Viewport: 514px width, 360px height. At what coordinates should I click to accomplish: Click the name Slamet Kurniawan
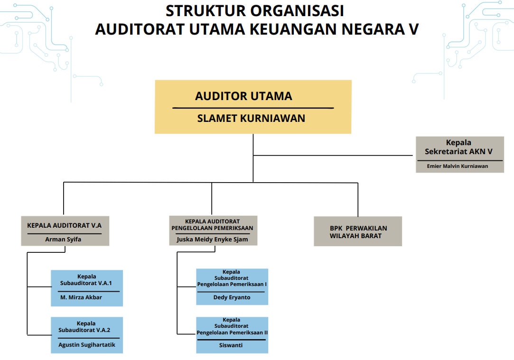pyautogui.click(x=251, y=118)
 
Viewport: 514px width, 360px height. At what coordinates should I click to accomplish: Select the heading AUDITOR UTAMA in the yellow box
pyautogui.click(x=243, y=96)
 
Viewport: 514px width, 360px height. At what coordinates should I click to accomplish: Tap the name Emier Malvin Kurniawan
pyautogui.click(x=458, y=166)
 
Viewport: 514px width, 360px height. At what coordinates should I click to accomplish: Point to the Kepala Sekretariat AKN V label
pyautogui.click(x=458, y=147)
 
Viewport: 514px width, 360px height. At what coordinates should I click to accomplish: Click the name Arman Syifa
pyautogui.click(x=63, y=239)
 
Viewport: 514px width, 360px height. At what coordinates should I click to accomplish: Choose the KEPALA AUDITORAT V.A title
pyautogui.click(x=65, y=225)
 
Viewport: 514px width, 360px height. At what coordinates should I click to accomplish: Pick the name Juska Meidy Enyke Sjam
pyautogui.click(x=212, y=239)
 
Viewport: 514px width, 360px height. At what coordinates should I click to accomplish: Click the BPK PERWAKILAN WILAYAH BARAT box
pyautogui.click(x=358, y=231)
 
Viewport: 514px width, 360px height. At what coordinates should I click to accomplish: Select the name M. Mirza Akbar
pyautogui.click(x=81, y=297)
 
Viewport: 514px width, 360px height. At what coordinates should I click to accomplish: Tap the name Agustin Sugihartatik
pyautogui.click(x=87, y=345)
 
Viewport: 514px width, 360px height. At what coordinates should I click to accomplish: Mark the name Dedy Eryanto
pyautogui.click(x=232, y=297)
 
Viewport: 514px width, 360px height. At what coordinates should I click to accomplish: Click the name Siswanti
pyautogui.click(x=232, y=345)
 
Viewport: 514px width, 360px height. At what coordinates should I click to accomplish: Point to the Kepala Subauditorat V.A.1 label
pyautogui.click(x=86, y=280)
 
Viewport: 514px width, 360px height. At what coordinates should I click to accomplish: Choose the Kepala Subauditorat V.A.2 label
pyautogui.click(x=86, y=327)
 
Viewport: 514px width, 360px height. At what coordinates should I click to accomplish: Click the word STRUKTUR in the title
pyautogui.click(x=199, y=10)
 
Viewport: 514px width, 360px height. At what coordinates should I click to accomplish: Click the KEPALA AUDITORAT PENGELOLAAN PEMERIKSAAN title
pyautogui.click(x=212, y=224)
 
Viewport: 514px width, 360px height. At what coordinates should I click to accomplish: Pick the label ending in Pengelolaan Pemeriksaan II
pyautogui.click(x=232, y=326)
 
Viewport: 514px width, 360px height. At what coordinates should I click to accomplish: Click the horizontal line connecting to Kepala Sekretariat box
pyautogui.click(x=332, y=155)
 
